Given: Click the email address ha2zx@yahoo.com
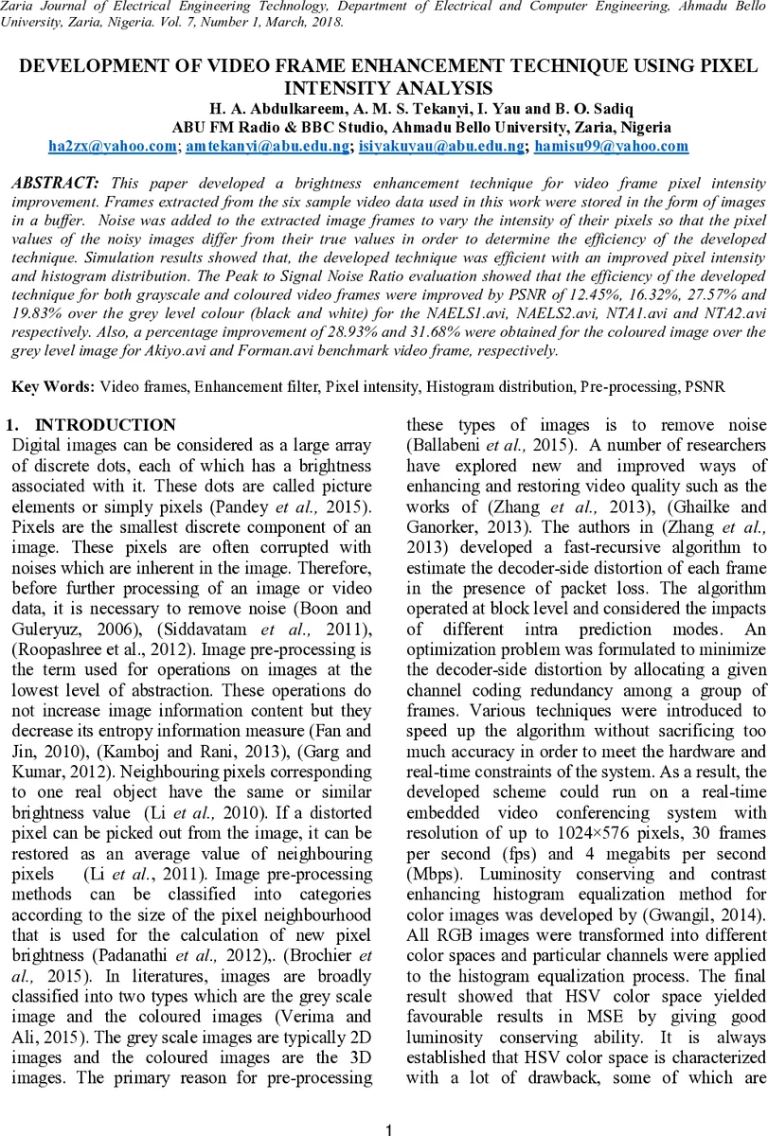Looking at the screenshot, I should [x=113, y=146].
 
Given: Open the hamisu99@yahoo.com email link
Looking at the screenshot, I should [x=611, y=146].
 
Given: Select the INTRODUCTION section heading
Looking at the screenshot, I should [x=105, y=425].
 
